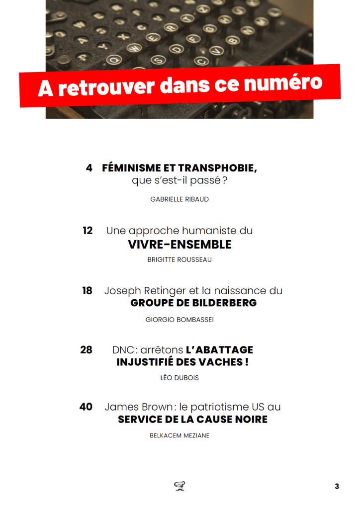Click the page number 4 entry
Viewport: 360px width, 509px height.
coord(89,168)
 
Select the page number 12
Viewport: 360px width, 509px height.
coord(88,231)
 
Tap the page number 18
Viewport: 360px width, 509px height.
coord(87,290)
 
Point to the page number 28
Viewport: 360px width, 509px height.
coord(86,349)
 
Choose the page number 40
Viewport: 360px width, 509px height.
coord(86,407)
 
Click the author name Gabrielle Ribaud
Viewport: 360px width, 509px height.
coord(180,199)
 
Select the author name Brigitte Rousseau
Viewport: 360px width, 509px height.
coord(180,259)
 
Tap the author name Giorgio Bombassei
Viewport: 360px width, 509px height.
coord(180,320)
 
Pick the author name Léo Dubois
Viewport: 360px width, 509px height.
coord(180,378)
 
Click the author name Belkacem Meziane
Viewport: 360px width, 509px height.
coord(180,435)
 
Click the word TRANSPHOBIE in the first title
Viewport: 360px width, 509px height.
coord(218,168)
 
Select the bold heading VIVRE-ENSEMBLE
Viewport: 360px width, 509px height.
coord(180,245)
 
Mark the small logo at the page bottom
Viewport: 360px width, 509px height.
coord(180,486)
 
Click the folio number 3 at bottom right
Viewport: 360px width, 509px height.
coord(337,486)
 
